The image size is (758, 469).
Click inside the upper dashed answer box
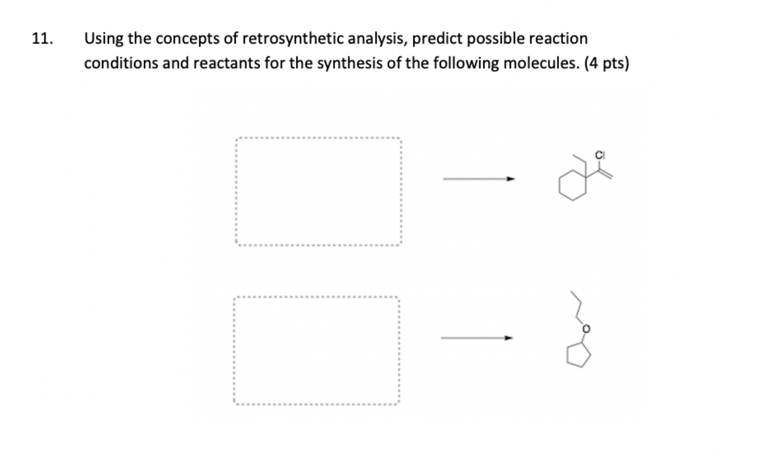(x=318, y=191)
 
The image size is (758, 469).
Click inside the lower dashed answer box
(x=316, y=350)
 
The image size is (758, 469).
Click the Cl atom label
(x=600, y=154)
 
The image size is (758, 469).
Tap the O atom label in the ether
(x=586, y=329)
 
